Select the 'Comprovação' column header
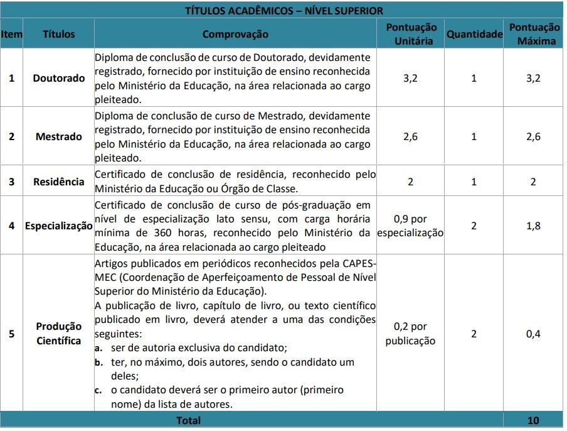[235, 35]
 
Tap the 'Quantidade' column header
[474, 35]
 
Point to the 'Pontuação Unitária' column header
[411, 35]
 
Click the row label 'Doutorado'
[58, 79]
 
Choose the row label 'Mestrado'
[58, 136]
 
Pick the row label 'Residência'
[58, 182]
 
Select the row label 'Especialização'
[58, 226]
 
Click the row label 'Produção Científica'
[58, 334]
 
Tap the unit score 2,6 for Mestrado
[411, 136]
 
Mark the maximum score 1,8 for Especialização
[534, 226]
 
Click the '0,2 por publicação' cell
[411, 334]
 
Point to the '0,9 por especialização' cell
[411, 226]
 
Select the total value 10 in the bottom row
[534, 420]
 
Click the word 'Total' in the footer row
[189, 420]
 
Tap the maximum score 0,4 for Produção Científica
[534, 334]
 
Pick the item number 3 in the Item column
[11, 182]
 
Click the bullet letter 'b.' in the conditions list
[99, 363]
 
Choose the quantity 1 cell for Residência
[474, 182]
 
